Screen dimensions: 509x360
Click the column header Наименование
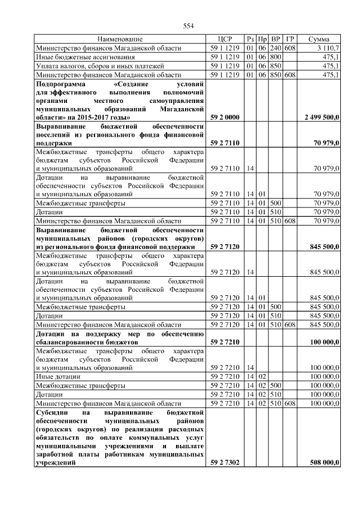click(x=120, y=40)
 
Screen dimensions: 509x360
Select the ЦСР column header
click(x=226, y=40)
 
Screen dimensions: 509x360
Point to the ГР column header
click(x=290, y=40)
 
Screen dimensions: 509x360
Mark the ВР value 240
click(x=276, y=48)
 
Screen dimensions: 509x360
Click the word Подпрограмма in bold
click(x=59, y=83)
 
